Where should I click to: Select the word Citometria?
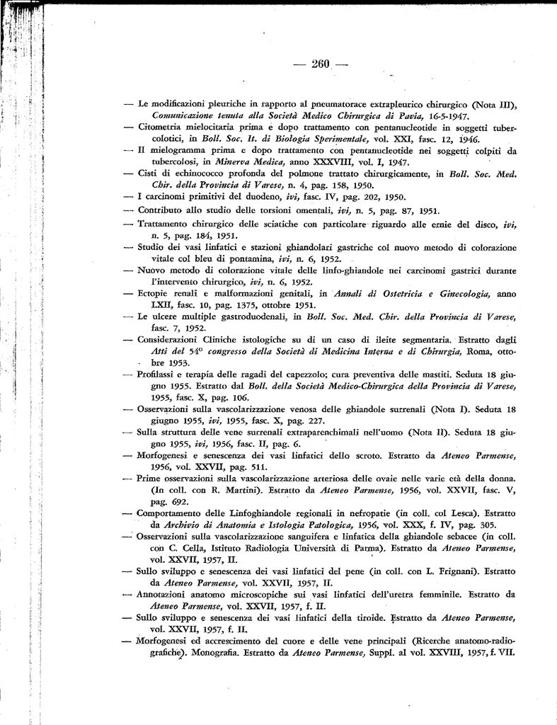161,127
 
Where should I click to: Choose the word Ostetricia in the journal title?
381,293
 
